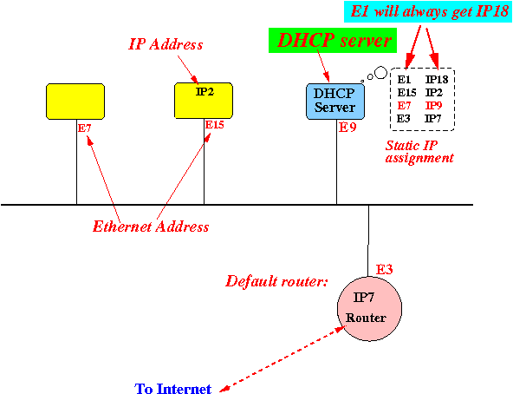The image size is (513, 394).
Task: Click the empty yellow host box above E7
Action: pyautogui.click(x=75, y=102)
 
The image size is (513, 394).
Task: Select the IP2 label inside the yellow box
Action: pyautogui.click(x=205, y=91)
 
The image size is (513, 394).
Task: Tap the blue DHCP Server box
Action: pyautogui.click(x=335, y=102)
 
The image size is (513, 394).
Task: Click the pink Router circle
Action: pyautogui.click(x=369, y=309)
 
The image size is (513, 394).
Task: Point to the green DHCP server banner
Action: pyautogui.click(x=333, y=40)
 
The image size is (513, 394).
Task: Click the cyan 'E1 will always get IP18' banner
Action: pyautogui.click(x=427, y=11)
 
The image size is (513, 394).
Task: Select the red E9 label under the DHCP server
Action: pyautogui.click(x=347, y=128)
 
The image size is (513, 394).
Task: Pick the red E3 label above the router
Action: pyautogui.click(x=384, y=269)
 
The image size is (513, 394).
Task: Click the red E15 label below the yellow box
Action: pyautogui.click(x=214, y=125)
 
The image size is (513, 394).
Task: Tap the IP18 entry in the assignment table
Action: pyautogui.click(x=437, y=79)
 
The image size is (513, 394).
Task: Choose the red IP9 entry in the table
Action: pyautogui.click(x=433, y=106)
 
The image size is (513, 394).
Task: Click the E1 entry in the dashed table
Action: pyautogui.click(x=404, y=79)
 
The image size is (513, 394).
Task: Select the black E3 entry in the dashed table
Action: pyautogui.click(x=404, y=118)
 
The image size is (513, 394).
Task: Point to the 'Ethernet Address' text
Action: pyautogui.click(x=151, y=227)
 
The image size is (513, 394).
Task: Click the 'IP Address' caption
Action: pyautogui.click(x=166, y=44)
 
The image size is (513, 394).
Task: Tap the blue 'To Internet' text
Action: pyautogui.click(x=172, y=389)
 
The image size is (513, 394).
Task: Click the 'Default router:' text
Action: pyautogui.click(x=276, y=281)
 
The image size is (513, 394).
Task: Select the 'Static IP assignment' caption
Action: pyautogui.click(x=419, y=151)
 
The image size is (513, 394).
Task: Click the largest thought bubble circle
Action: pyautogui.click(x=380, y=72)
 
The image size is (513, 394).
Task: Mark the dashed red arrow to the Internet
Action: pyautogui.click(x=282, y=358)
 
